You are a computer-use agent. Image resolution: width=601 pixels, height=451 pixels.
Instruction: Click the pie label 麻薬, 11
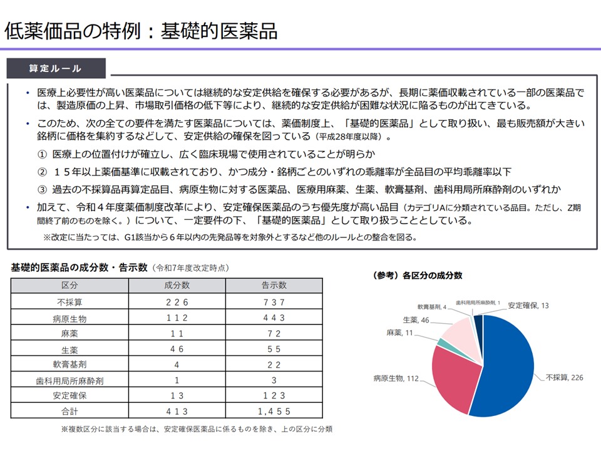click(401, 332)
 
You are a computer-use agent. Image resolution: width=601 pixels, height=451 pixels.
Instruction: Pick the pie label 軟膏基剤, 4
click(431, 307)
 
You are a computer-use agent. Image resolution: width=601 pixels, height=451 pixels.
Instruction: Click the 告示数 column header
click(274, 286)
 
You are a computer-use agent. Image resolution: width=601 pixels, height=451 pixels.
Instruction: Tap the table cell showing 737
click(274, 302)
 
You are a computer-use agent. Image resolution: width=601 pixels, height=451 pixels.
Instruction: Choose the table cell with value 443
click(274, 318)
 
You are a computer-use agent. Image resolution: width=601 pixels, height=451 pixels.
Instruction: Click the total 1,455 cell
click(274, 412)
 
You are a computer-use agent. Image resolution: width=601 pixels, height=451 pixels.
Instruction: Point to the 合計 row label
click(69, 412)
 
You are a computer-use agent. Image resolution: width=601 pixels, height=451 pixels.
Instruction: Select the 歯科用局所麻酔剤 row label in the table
click(69, 380)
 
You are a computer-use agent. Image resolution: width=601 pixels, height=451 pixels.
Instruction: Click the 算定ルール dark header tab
click(56, 68)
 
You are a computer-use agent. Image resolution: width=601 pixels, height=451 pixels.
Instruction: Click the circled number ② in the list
click(43, 172)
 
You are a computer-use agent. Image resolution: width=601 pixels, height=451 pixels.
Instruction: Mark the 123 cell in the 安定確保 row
click(274, 396)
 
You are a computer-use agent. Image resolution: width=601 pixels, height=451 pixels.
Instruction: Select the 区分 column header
click(69, 286)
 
